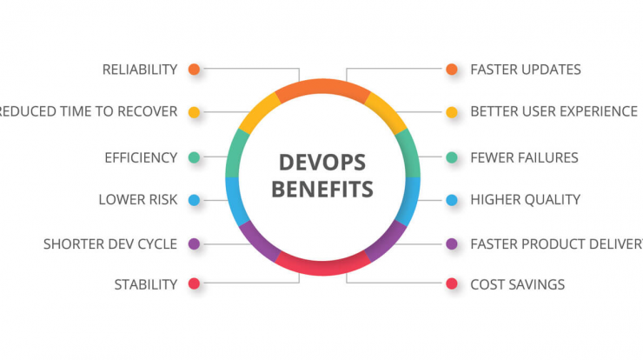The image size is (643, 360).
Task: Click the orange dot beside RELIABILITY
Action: pyautogui.click(x=194, y=70)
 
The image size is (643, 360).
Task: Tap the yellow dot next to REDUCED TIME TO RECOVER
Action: pyautogui.click(x=194, y=112)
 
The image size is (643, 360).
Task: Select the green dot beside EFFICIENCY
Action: pyautogui.click(x=194, y=157)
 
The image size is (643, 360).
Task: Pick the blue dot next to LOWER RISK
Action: pyautogui.click(x=194, y=200)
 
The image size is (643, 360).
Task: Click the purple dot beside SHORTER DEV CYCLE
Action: pyautogui.click(x=194, y=243)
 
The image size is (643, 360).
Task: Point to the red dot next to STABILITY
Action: pyautogui.click(x=194, y=283)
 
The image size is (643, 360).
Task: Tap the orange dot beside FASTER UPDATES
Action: pyautogui.click(x=452, y=70)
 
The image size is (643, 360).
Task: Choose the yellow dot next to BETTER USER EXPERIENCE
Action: pyautogui.click(x=452, y=112)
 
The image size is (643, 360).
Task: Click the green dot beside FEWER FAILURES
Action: pyautogui.click(x=452, y=157)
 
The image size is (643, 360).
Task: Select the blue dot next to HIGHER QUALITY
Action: pyautogui.click(x=452, y=200)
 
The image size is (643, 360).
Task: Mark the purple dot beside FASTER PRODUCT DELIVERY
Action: pyautogui.click(x=452, y=243)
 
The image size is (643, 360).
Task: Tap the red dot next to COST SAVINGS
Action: pyautogui.click(x=452, y=283)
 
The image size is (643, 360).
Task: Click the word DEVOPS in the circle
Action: pyautogui.click(x=322, y=163)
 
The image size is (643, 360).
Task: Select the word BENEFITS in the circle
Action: pyautogui.click(x=322, y=190)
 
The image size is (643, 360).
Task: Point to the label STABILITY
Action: pyautogui.click(x=146, y=284)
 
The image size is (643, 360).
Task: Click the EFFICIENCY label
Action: pyautogui.click(x=141, y=157)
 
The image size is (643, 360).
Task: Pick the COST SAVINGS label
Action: pyautogui.click(x=518, y=284)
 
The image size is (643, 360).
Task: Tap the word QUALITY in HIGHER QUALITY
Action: pyautogui.click(x=547, y=200)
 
